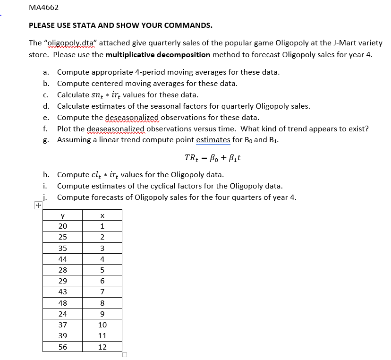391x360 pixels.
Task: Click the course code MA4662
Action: [x=43, y=8]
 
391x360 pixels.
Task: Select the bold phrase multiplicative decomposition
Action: [x=158, y=54]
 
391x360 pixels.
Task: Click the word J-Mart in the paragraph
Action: [x=331, y=43]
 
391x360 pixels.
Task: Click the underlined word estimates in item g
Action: [x=213, y=140]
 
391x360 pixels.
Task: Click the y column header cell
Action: [x=62, y=215]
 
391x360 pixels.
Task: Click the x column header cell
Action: [x=102, y=215]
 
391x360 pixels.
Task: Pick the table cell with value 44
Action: [x=62, y=259]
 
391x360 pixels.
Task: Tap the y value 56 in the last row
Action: [x=62, y=347]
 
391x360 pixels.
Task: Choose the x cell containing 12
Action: [x=102, y=347]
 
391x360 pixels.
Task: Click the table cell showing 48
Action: [x=62, y=303]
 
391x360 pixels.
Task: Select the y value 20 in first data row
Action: [x=62, y=226]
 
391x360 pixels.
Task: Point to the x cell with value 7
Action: [x=102, y=292]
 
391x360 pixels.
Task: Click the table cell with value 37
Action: [x=62, y=325]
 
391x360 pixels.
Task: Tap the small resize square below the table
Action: [x=125, y=355]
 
